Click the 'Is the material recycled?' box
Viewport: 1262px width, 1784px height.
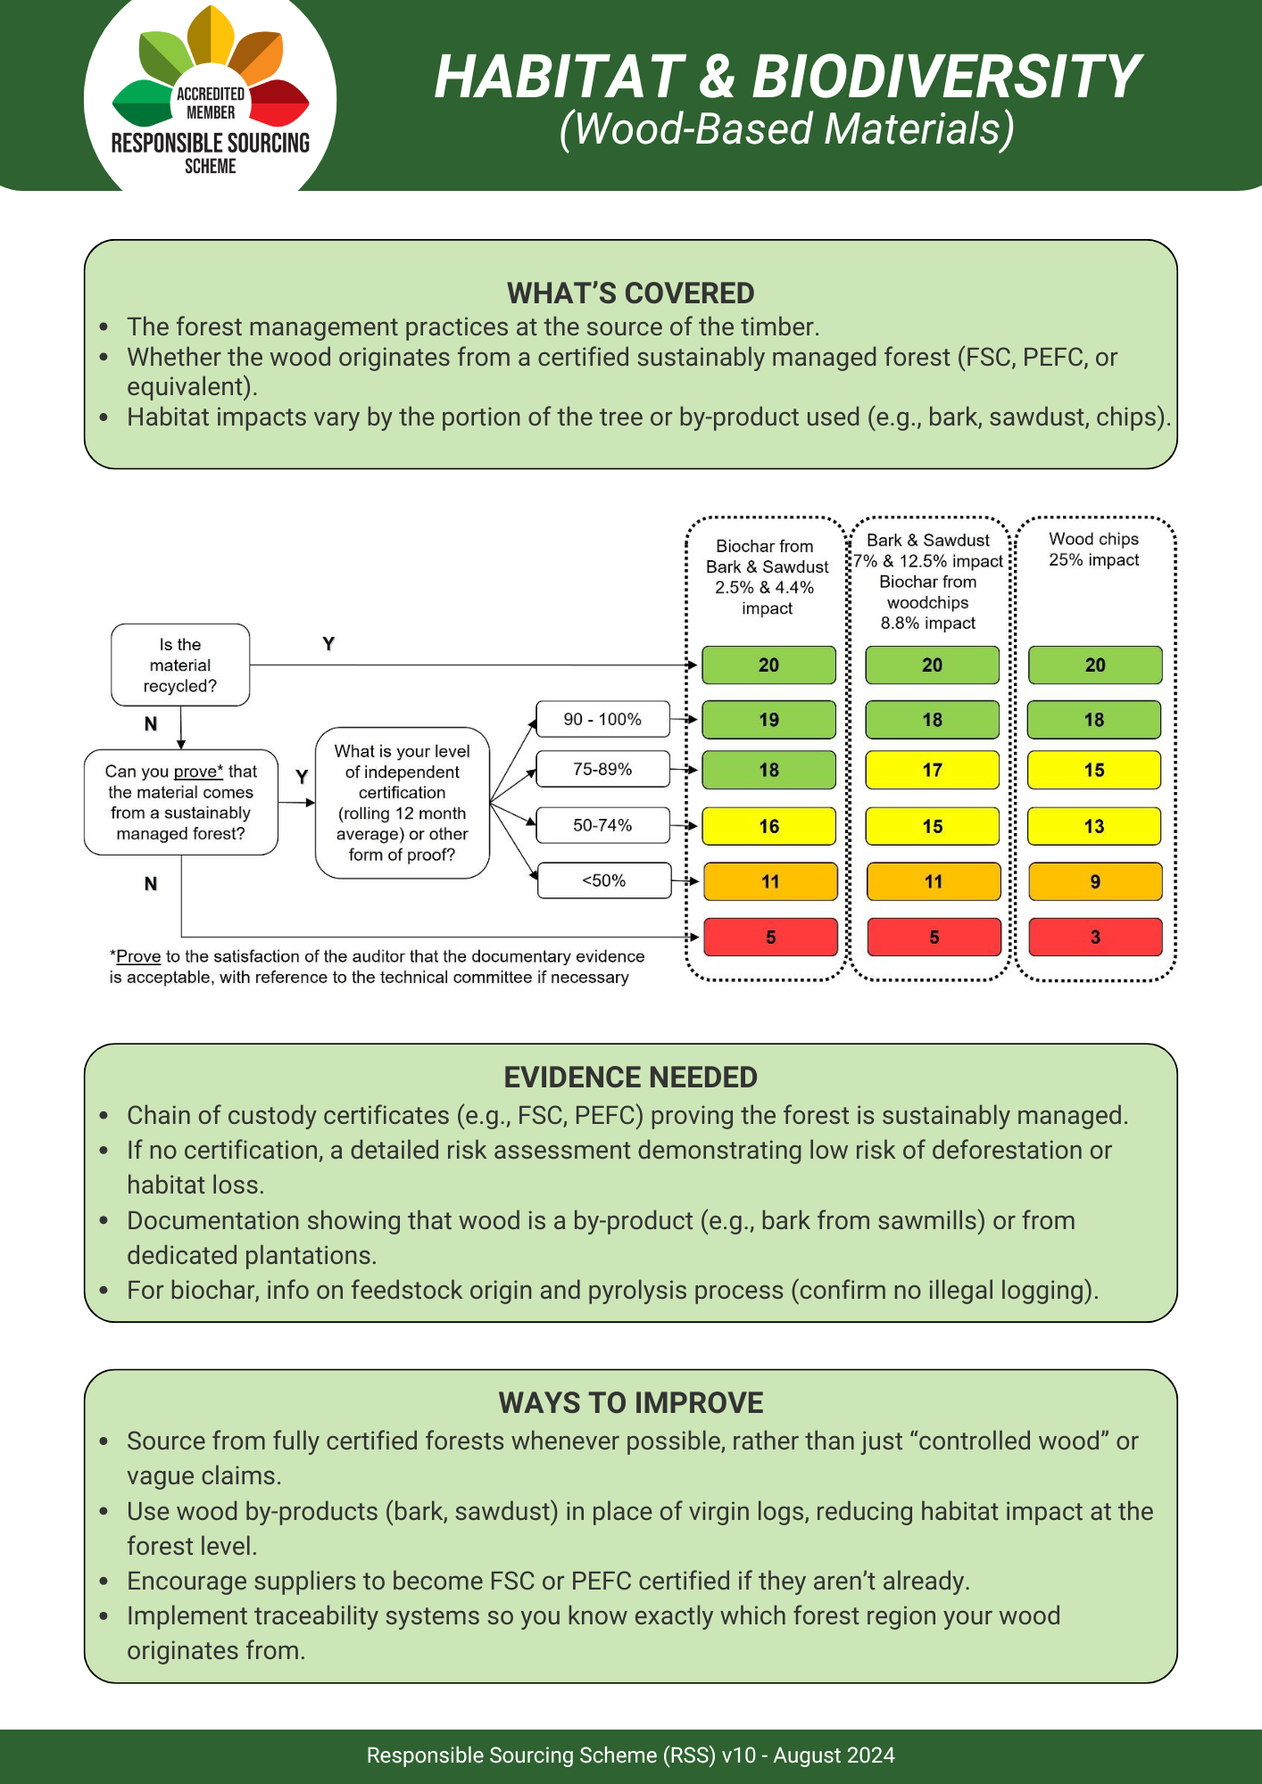click(x=180, y=665)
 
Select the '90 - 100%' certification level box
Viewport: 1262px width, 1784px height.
click(x=602, y=719)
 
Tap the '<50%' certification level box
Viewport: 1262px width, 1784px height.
click(x=604, y=880)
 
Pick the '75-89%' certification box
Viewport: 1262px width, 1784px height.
click(x=602, y=769)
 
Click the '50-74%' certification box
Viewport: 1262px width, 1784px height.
click(x=602, y=825)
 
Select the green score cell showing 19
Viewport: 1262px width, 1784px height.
click(x=768, y=720)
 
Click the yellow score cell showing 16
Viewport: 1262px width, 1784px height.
click(x=768, y=826)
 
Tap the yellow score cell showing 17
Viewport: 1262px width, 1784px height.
click(x=932, y=770)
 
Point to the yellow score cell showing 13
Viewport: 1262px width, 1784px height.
click(x=1094, y=826)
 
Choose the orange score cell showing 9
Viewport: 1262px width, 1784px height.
click(x=1095, y=881)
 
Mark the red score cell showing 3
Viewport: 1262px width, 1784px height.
click(x=1095, y=937)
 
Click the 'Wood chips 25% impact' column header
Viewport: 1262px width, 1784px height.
click(x=1093, y=549)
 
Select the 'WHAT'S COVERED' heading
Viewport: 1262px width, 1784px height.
click(x=630, y=293)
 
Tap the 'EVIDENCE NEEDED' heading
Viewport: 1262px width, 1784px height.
click(x=630, y=1078)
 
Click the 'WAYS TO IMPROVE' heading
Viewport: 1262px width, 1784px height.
click(x=630, y=1403)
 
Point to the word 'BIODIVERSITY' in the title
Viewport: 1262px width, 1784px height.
click(x=946, y=77)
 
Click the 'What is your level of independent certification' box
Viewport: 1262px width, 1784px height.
click(x=402, y=803)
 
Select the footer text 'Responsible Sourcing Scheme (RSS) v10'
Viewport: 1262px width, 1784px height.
click(x=561, y=1755)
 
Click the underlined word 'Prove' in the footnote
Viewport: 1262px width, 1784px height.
click(x=138, y=956)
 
